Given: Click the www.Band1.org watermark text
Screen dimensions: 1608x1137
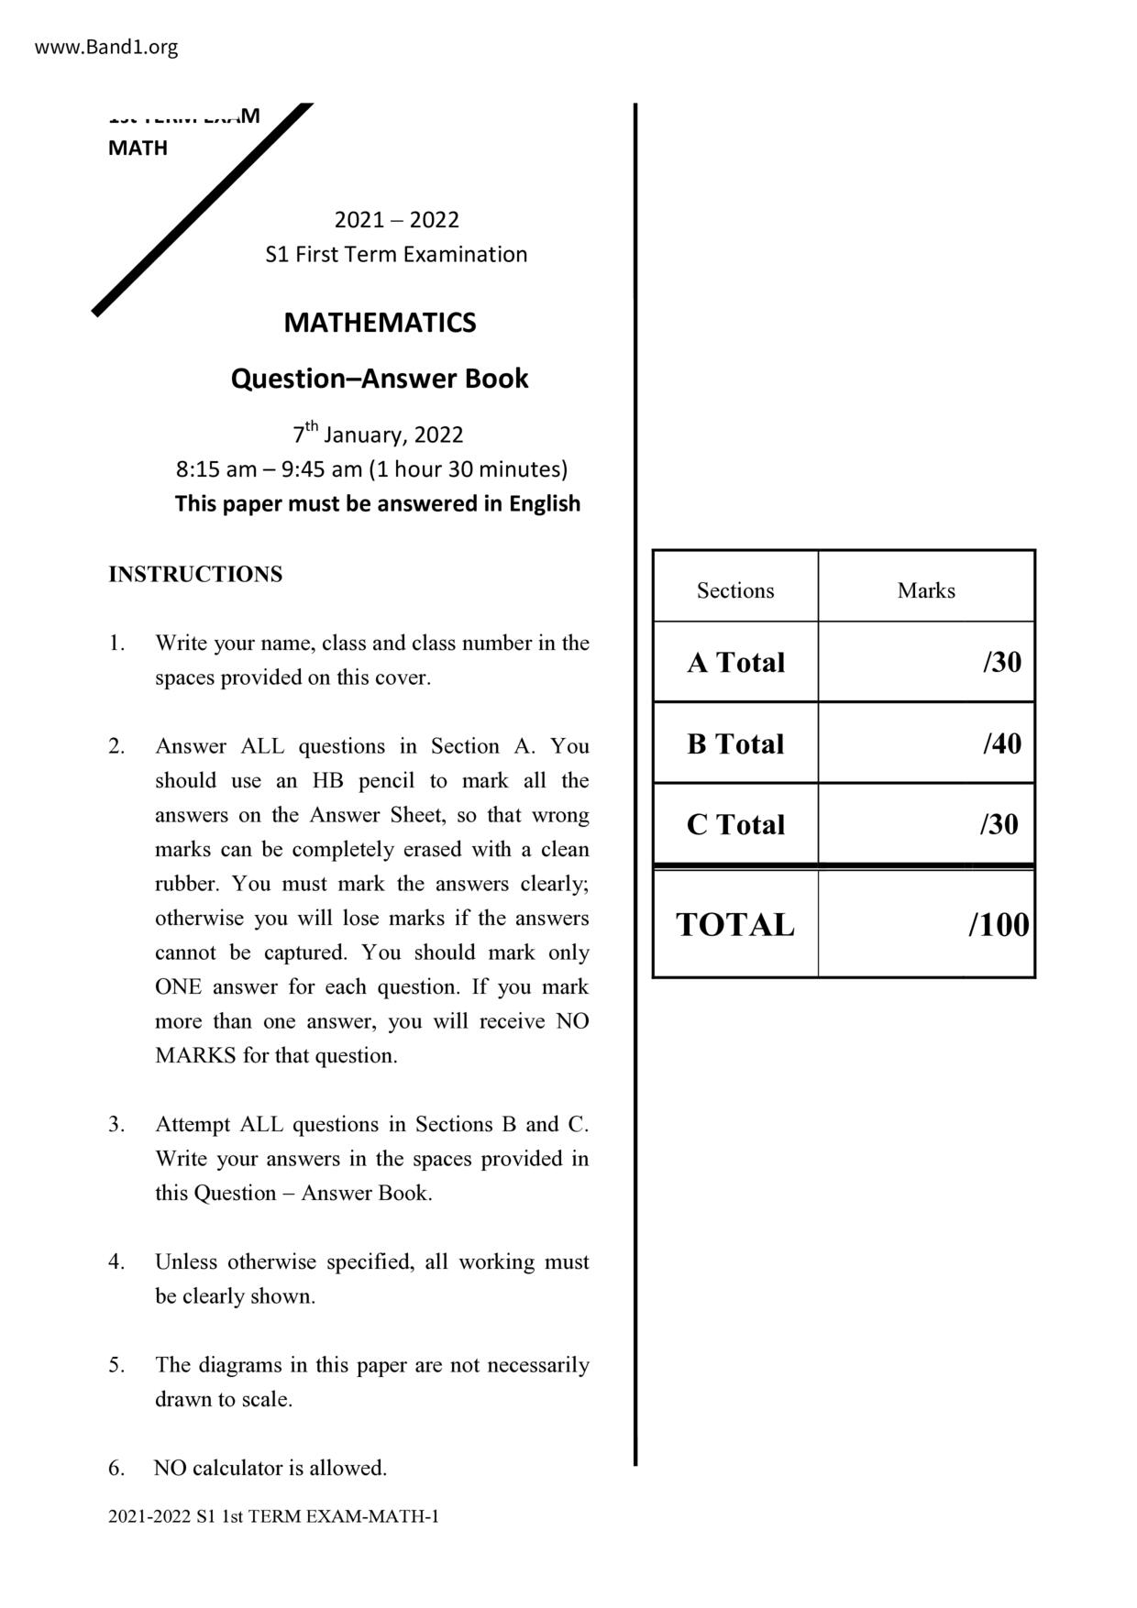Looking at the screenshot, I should pos(106,48).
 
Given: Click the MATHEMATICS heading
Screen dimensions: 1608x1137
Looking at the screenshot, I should pos(380,323).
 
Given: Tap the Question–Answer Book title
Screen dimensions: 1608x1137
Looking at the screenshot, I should pos(380,379).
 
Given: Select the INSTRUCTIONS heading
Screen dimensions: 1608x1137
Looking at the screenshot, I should pos(195,575).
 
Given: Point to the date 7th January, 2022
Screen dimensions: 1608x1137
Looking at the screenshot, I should pos(378,434).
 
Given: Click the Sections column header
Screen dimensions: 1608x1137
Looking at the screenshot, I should pos(735,590).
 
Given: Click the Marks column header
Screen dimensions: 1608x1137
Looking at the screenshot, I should pos(926,590).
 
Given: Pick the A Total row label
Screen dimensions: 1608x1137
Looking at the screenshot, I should pos(735,663).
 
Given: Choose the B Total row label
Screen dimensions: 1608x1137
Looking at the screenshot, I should pos(735,743).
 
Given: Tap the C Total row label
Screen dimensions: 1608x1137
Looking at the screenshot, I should pos(735,824).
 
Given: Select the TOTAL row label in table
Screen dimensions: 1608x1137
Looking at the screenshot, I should pos(735,925).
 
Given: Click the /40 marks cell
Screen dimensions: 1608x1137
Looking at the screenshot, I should pos(1001,743).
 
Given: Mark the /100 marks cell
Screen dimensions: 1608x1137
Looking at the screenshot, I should pos(999,925).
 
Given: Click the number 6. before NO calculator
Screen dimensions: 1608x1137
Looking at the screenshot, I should pos(116,1469).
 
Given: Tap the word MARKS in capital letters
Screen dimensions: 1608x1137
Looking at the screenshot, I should pos(195,1056).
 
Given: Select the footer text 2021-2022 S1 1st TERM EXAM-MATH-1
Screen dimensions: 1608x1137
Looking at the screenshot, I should pos(273,1517).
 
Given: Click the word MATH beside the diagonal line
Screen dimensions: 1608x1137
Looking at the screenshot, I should pos(138,149).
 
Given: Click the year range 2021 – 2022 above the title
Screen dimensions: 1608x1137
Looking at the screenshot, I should pos(396,220).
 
